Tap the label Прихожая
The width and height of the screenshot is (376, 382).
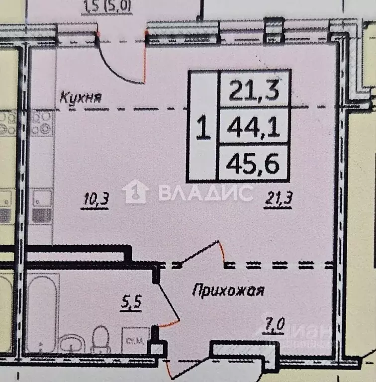(x=227, y=290)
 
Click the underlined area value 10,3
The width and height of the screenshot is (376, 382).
(x=95, y=200)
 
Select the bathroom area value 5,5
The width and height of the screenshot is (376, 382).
(x=131, y=301)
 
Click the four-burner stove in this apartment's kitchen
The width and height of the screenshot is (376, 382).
(x=42, y=124)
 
